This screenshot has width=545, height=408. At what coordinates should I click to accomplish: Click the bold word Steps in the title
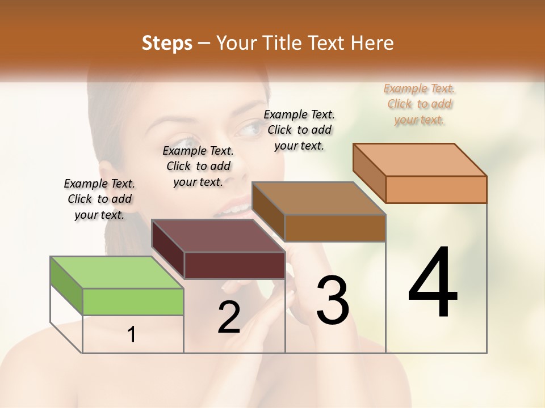[x=167, y=43]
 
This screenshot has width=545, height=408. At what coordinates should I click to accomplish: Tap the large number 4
[x=433, y=283]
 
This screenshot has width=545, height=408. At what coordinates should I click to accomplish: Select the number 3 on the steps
[x=332, y=300]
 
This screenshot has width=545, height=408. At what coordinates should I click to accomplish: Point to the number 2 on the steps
[x=229, y=317]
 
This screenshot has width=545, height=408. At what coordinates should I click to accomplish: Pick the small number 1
[x=132, y=334]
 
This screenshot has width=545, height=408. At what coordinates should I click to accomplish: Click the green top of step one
[x=117, y=272]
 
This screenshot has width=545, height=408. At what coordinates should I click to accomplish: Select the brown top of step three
[x=318, y=198]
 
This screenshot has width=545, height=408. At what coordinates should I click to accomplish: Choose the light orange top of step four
[x=420, y=159]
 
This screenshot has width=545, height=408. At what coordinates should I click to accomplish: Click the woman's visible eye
[x=248, y=130]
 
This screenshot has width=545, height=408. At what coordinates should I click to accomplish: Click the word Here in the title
[x=374, y=43]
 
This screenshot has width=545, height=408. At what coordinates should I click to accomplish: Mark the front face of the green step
[x=133, y=301]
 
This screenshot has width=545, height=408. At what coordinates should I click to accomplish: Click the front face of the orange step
[x=436, y=189]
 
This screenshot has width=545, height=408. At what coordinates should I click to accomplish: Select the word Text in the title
[x=328, y=43]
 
